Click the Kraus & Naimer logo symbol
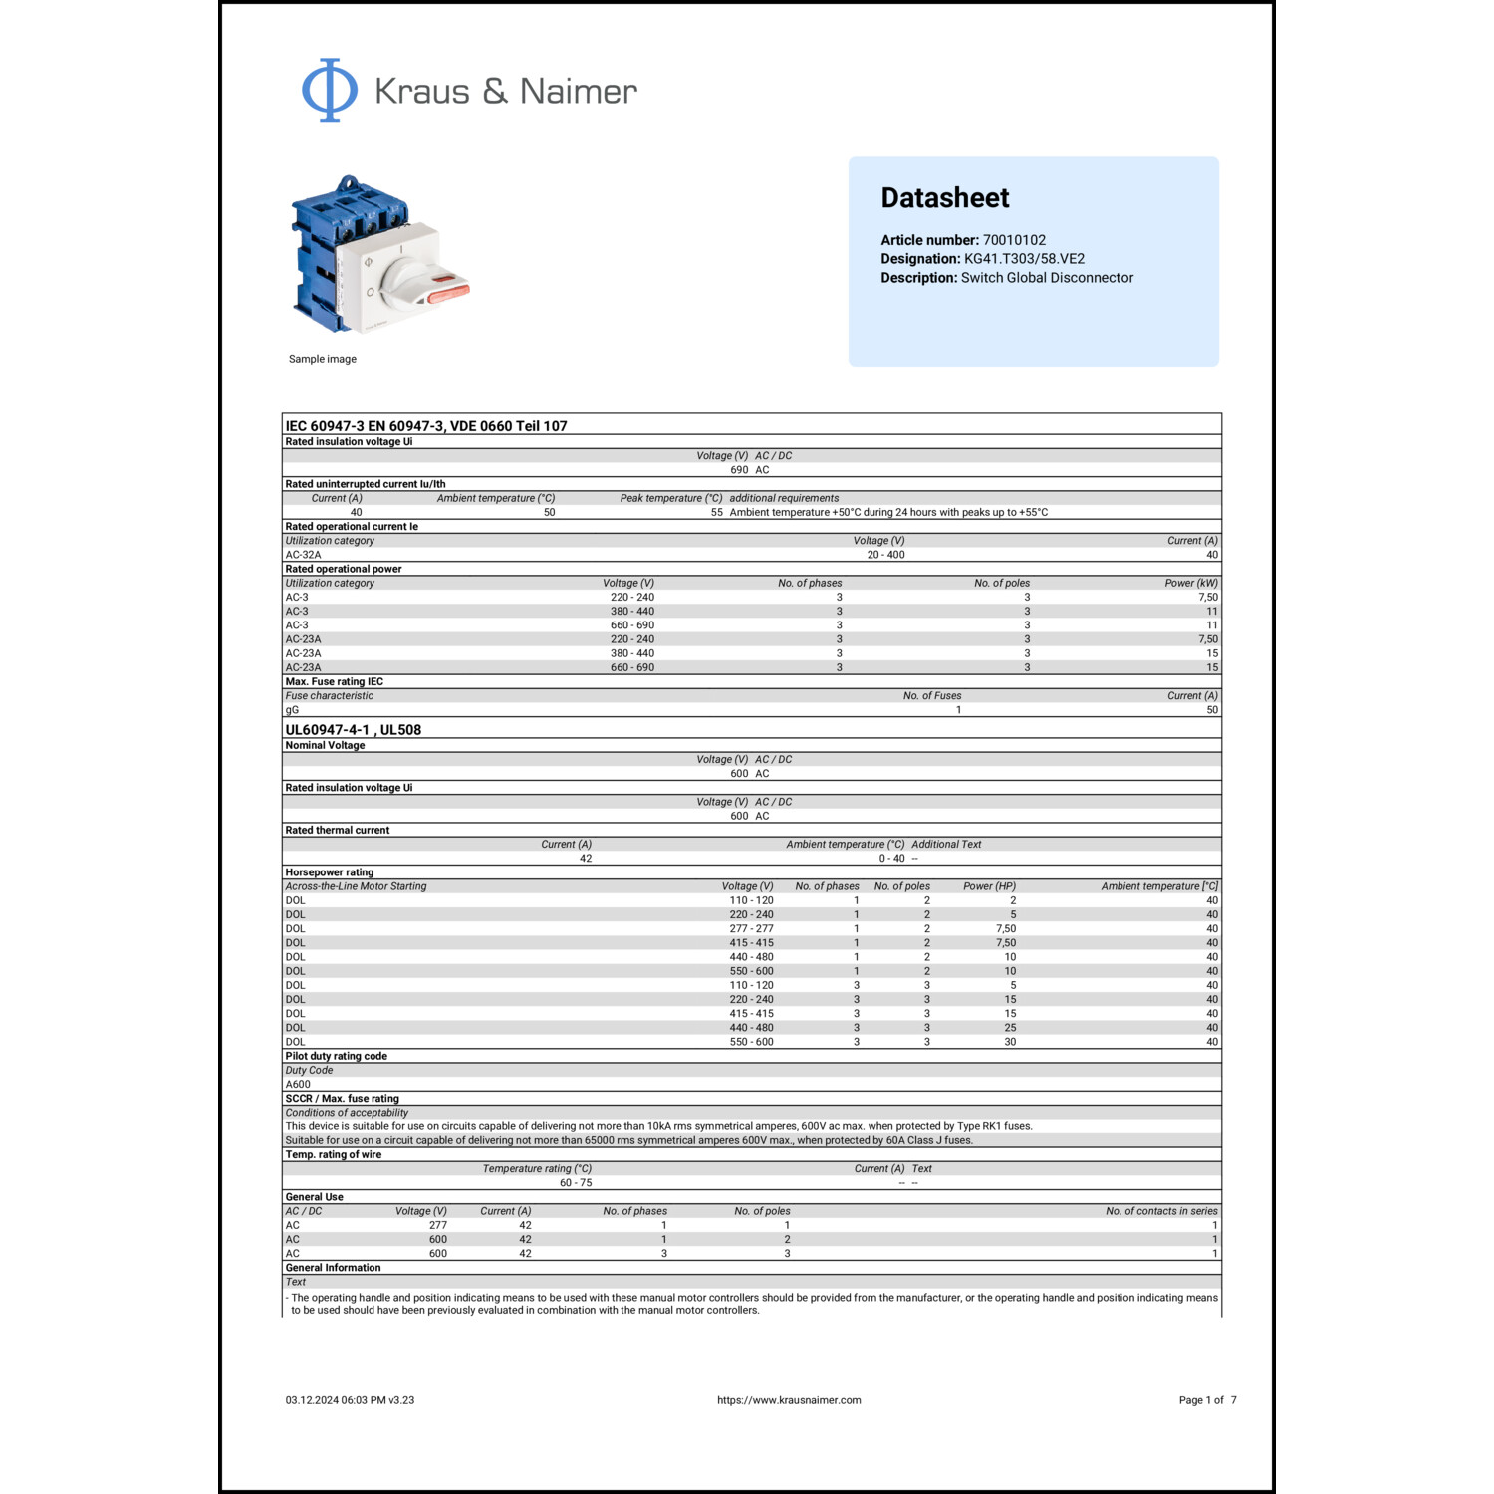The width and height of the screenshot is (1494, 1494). tap(330, 90)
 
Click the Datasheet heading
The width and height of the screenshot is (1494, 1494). tap(944, 198)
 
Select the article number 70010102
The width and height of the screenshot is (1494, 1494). tap(1014, 240)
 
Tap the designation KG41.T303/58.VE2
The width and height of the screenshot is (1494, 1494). tap(1024, 259)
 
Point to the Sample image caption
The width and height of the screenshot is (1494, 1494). tap(322, 359)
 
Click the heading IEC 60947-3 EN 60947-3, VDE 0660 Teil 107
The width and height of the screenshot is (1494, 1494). tap(426, 426)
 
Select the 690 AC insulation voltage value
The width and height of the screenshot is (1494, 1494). tap(749, 470)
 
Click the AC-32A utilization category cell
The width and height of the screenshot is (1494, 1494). tap(303, 555)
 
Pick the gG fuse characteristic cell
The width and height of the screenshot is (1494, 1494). tap(292, 710)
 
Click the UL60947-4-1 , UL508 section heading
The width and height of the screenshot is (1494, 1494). tap(353, 730)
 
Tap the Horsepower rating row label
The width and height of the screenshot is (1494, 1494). tap(329, 872)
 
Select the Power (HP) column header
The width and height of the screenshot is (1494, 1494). tap(989, 886)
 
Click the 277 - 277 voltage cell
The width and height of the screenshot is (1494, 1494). tap(751, 928)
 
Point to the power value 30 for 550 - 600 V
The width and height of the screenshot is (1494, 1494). tap(1010, 1042)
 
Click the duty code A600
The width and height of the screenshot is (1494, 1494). tap(298, 1085)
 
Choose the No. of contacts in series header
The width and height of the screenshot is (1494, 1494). tap(1161, 1211)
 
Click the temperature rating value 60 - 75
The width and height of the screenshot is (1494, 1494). tap(576, 1183)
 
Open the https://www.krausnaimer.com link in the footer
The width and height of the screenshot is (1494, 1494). tap(789, 1400)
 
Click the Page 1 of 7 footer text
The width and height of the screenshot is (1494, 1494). tap(1207, 1400)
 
